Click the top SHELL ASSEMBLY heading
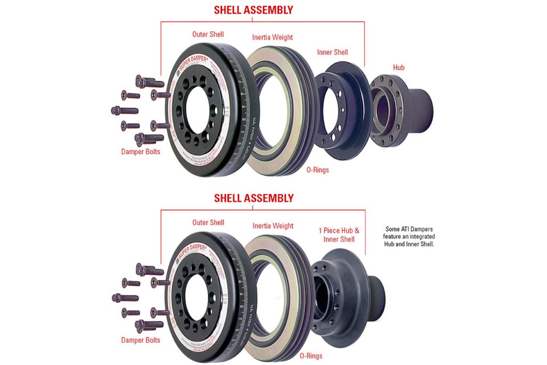point(253,10)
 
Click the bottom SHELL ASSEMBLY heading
point(253,198)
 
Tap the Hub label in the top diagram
point(398,68)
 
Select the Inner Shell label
point(332,52)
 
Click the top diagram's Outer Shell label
point(208,35)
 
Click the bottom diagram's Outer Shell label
point(208,223)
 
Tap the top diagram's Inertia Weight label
point(273,37)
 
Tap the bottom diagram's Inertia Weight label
point(273,226)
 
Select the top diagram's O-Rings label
point(318,170)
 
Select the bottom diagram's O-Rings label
point(311,356)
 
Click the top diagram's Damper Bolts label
point(140,151)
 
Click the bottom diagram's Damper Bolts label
point(140,340)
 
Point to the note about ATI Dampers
point(410,237)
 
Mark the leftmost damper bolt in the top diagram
point(124,110)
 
